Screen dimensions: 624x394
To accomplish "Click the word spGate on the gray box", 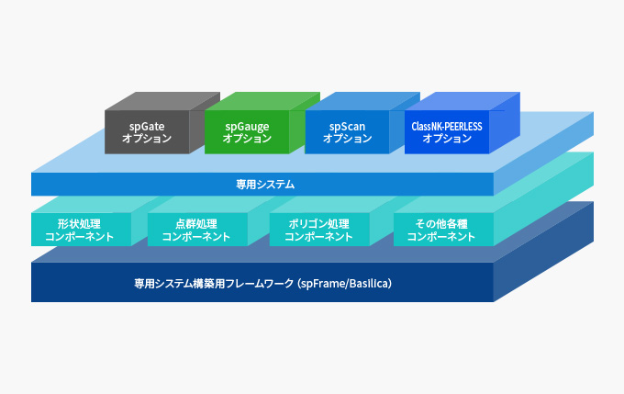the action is [147, 127].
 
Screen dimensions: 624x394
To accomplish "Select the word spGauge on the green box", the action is [247, 127].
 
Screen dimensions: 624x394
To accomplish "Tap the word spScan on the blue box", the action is [347, 127].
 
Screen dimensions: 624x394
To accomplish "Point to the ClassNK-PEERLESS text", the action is [447, 127].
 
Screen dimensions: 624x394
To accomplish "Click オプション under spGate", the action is [147, 139].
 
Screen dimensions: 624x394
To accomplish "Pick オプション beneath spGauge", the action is [247, 139].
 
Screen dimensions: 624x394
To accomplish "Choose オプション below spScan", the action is [347, 139].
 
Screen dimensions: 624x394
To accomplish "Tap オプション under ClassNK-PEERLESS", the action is [447, 139].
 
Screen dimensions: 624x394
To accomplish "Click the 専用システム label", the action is [265, 185].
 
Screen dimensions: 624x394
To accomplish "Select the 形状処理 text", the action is [79, 223].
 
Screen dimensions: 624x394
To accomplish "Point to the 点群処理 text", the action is [196, 223].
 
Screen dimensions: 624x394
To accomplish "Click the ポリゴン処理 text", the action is [318, 223].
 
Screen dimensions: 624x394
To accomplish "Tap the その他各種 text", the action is [441, 223].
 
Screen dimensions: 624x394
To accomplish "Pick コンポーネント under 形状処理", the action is [79, 237].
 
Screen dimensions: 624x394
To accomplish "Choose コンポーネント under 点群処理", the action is [196, 237].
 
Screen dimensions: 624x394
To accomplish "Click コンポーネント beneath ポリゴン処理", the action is [318, 237].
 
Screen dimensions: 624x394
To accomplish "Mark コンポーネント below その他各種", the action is [441, 237].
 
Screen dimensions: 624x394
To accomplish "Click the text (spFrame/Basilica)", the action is [345, 284].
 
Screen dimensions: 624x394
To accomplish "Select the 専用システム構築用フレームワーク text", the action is [214, 284].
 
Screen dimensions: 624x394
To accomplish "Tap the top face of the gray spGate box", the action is [162, 101].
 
